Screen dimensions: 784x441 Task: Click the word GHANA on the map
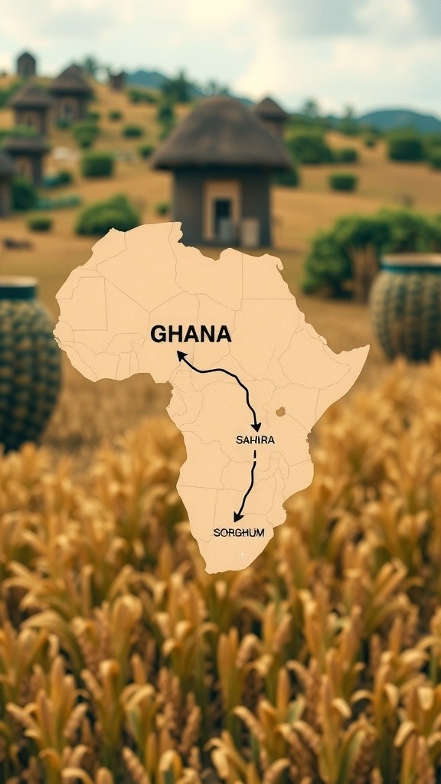(191, 334)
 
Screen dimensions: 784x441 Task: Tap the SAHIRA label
(255, 440)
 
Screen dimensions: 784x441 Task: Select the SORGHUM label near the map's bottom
(239, 532)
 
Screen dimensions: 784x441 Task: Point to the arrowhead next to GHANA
(181, 354)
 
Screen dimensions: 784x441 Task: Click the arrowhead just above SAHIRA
(256, 426)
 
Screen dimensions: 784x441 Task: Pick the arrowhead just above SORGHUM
(238, 518)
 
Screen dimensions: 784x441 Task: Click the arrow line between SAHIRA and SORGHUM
(250, 482)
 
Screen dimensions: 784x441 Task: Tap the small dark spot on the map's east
(280, 412)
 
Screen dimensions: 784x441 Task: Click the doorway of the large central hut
(223, 217)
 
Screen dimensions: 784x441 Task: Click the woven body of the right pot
(407, 314)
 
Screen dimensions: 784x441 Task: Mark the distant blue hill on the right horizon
(401, 119)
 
